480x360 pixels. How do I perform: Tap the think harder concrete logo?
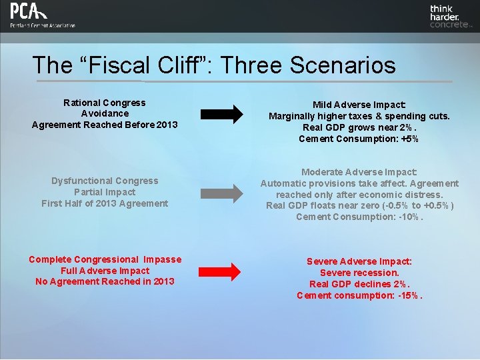449,17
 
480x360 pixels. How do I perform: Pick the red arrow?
221,271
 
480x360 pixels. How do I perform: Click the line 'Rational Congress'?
105,103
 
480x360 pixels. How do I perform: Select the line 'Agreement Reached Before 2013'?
105,125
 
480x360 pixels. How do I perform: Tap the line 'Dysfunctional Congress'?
105,181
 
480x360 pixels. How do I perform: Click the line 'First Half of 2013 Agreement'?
105,203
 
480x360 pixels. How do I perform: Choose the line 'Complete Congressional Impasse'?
105,259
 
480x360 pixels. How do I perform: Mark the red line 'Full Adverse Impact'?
105,271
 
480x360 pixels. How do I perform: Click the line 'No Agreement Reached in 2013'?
105,281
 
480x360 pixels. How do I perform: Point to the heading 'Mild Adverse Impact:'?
359,105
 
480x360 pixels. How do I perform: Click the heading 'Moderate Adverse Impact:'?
359,171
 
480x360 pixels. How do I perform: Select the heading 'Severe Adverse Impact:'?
359,261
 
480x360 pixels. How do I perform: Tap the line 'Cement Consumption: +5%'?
359,139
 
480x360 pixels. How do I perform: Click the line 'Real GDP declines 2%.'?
359,284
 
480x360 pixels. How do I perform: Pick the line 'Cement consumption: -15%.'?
359,295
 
